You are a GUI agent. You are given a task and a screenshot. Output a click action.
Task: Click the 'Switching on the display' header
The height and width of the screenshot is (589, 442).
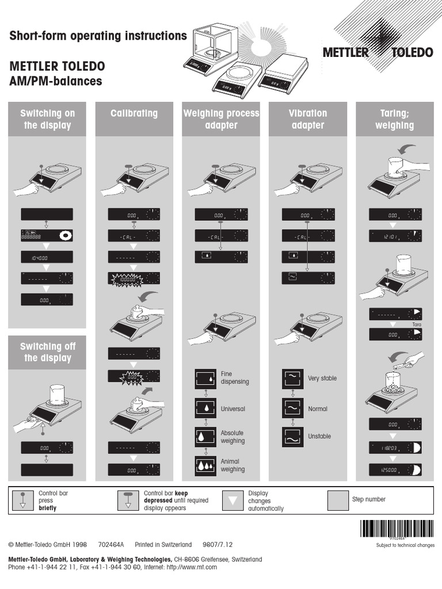coord(48,119)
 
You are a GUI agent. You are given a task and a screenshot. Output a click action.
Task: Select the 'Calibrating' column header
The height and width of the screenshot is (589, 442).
coord(134,113)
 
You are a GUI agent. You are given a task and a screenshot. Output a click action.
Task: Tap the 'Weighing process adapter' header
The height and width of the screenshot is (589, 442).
coord(221,119)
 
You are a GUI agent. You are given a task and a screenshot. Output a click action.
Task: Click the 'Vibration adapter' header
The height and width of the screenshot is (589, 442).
coord(308,119)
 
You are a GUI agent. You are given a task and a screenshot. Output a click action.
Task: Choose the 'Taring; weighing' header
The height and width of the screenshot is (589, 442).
coord(394,119)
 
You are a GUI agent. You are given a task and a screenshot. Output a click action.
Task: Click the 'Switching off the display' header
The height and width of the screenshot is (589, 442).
coord(48,352)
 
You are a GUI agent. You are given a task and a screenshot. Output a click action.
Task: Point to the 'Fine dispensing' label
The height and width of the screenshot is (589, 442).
coord(235,378)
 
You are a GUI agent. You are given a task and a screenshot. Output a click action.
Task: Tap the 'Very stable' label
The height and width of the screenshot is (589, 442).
coord(322,378)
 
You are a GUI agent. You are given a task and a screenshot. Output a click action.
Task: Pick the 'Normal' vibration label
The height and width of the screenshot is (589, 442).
coord(318,409)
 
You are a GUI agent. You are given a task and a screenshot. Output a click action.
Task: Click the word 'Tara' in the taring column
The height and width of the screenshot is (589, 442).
coord(418,325)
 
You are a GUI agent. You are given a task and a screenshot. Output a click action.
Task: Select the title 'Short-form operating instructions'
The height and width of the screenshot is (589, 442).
coord(98,36)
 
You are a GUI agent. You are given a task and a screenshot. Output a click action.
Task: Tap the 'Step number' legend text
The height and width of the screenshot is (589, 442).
coord(368,499)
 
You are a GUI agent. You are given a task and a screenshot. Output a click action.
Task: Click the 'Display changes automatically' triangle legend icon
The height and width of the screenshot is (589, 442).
coord(233,500)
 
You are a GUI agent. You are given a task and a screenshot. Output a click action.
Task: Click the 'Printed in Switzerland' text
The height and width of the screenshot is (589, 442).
coord(163,544)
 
